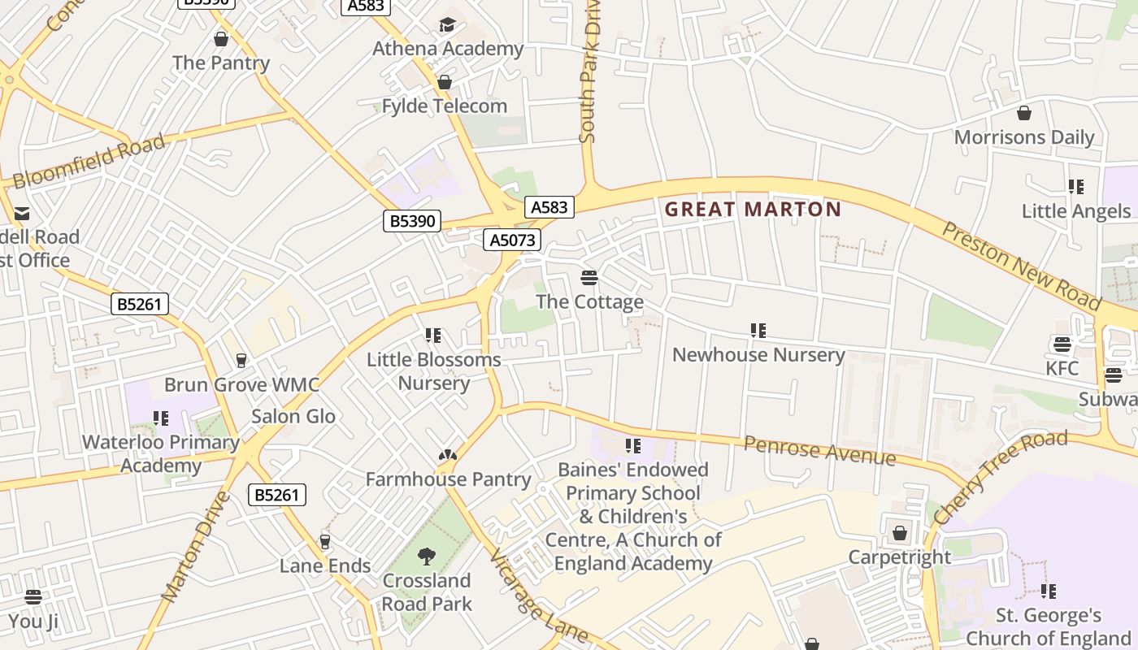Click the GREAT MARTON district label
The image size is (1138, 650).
[x=753, y=210]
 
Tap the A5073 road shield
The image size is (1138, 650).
[x=512, y=240]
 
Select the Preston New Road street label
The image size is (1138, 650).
[x=1021, y=265]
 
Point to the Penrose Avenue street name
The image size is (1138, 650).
[x=819, y=451]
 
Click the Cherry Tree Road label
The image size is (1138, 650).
[x=999, y=477]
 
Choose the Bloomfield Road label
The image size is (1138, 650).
[x=89, y=162]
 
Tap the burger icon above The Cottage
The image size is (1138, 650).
[x=589, y=279]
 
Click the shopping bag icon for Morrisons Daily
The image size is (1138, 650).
[x=1024, y=113]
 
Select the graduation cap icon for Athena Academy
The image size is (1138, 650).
[x=447, y=25]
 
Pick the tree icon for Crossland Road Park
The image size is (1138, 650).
[x=426, y=557]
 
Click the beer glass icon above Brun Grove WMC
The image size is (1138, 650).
[x=241, y=360]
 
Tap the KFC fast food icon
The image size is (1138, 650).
[x=1062, y=344]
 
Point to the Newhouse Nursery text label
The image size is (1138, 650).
[x=758, y=355]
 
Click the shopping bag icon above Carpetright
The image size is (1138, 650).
[x=899, y=534]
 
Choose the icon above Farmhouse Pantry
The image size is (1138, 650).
[x=447, y=456]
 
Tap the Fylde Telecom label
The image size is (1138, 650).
[x=445, y=106]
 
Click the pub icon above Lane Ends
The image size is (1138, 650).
[x=325, y=541]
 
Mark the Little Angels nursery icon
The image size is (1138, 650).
[x=1076, y=188]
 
